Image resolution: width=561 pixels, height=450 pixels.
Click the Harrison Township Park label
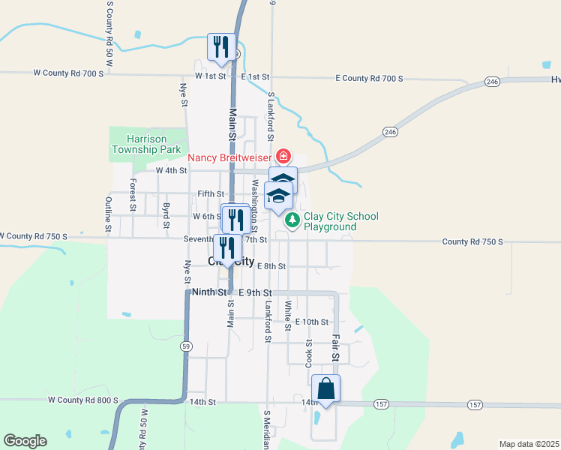click(x=146, y=144)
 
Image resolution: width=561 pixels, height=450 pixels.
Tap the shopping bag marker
click(x=326, y=390)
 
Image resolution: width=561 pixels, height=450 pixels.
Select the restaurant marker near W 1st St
click(x=221, y=47)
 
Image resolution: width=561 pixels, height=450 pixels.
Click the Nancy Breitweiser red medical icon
click(x=283, y=157)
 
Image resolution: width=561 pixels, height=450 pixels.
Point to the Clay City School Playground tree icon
click(x=292, y=221)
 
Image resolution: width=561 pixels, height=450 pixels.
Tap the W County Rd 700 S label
click(x=69, y=73)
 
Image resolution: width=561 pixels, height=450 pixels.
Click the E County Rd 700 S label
click(x=369, y=78)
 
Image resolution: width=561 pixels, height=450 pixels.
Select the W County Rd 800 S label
click(x=83, y=400)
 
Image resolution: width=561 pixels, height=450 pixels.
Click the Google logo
click(x=25, y=441)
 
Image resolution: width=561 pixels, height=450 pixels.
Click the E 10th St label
click(x=312, y=322)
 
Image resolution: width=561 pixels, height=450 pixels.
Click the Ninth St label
click(x=208, y=292)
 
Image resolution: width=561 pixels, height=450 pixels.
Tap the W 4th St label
click(x=171, y=171)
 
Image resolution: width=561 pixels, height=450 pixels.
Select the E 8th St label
click(x=271, y=265)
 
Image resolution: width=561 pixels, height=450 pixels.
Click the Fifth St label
click(x=211, y=193)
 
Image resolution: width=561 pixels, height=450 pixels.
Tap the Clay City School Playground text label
click(x=340, y=221)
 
